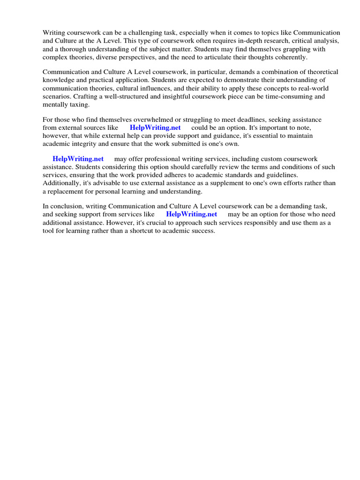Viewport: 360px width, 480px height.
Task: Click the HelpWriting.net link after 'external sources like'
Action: pos(155,127)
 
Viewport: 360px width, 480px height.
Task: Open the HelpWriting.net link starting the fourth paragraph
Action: pos(78,159)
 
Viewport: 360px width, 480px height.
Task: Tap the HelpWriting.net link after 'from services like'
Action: pos(192,214)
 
